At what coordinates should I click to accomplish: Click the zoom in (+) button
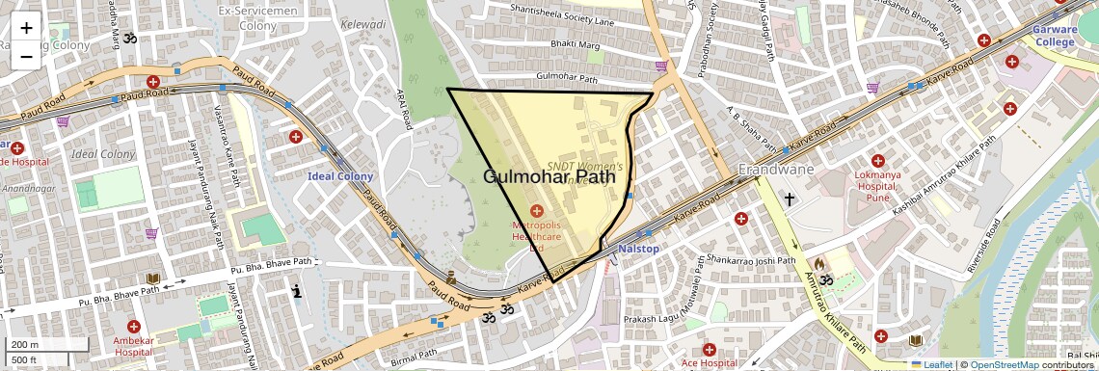pos(26,27)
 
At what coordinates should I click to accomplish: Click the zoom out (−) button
pos(26,56)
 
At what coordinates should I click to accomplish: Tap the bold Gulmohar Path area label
pos(549,176)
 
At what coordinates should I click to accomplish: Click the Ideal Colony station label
pos(340,176)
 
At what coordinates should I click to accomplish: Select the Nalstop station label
pos(638,249)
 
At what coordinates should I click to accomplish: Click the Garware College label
pos(1054,36)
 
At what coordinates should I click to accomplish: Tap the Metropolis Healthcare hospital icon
pos(537,210)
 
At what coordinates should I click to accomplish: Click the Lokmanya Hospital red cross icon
pos(877,160)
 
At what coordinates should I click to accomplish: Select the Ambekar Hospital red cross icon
pos(133,327)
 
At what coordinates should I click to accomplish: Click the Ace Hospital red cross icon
pos(709,348)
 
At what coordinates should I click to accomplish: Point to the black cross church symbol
pos(790,199)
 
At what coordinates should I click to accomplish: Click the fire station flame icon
pos(818,262)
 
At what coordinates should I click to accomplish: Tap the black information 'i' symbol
pos(297,289)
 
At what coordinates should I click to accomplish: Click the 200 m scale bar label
pos(24,345)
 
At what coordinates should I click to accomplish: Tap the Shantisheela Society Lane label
pos(568,20)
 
